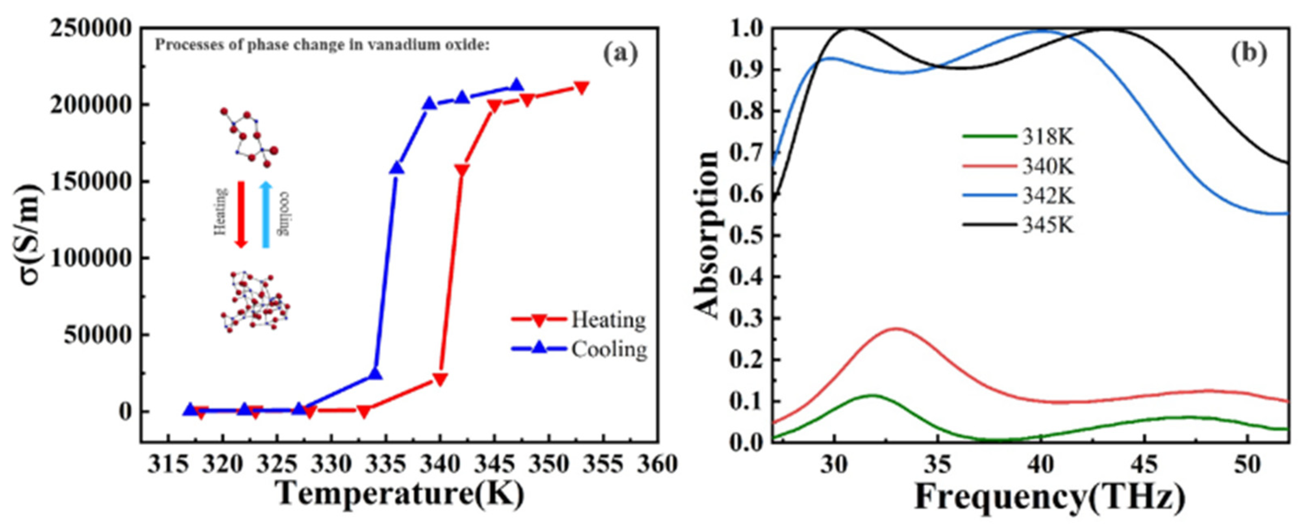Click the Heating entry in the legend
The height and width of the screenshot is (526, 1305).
(x=608, y=320)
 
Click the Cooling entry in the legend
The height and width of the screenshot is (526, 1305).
(x=609, y=350)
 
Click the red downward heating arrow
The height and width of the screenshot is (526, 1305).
(x=241, y=214)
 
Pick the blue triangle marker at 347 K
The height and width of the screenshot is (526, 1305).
(x=516, y=85)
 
